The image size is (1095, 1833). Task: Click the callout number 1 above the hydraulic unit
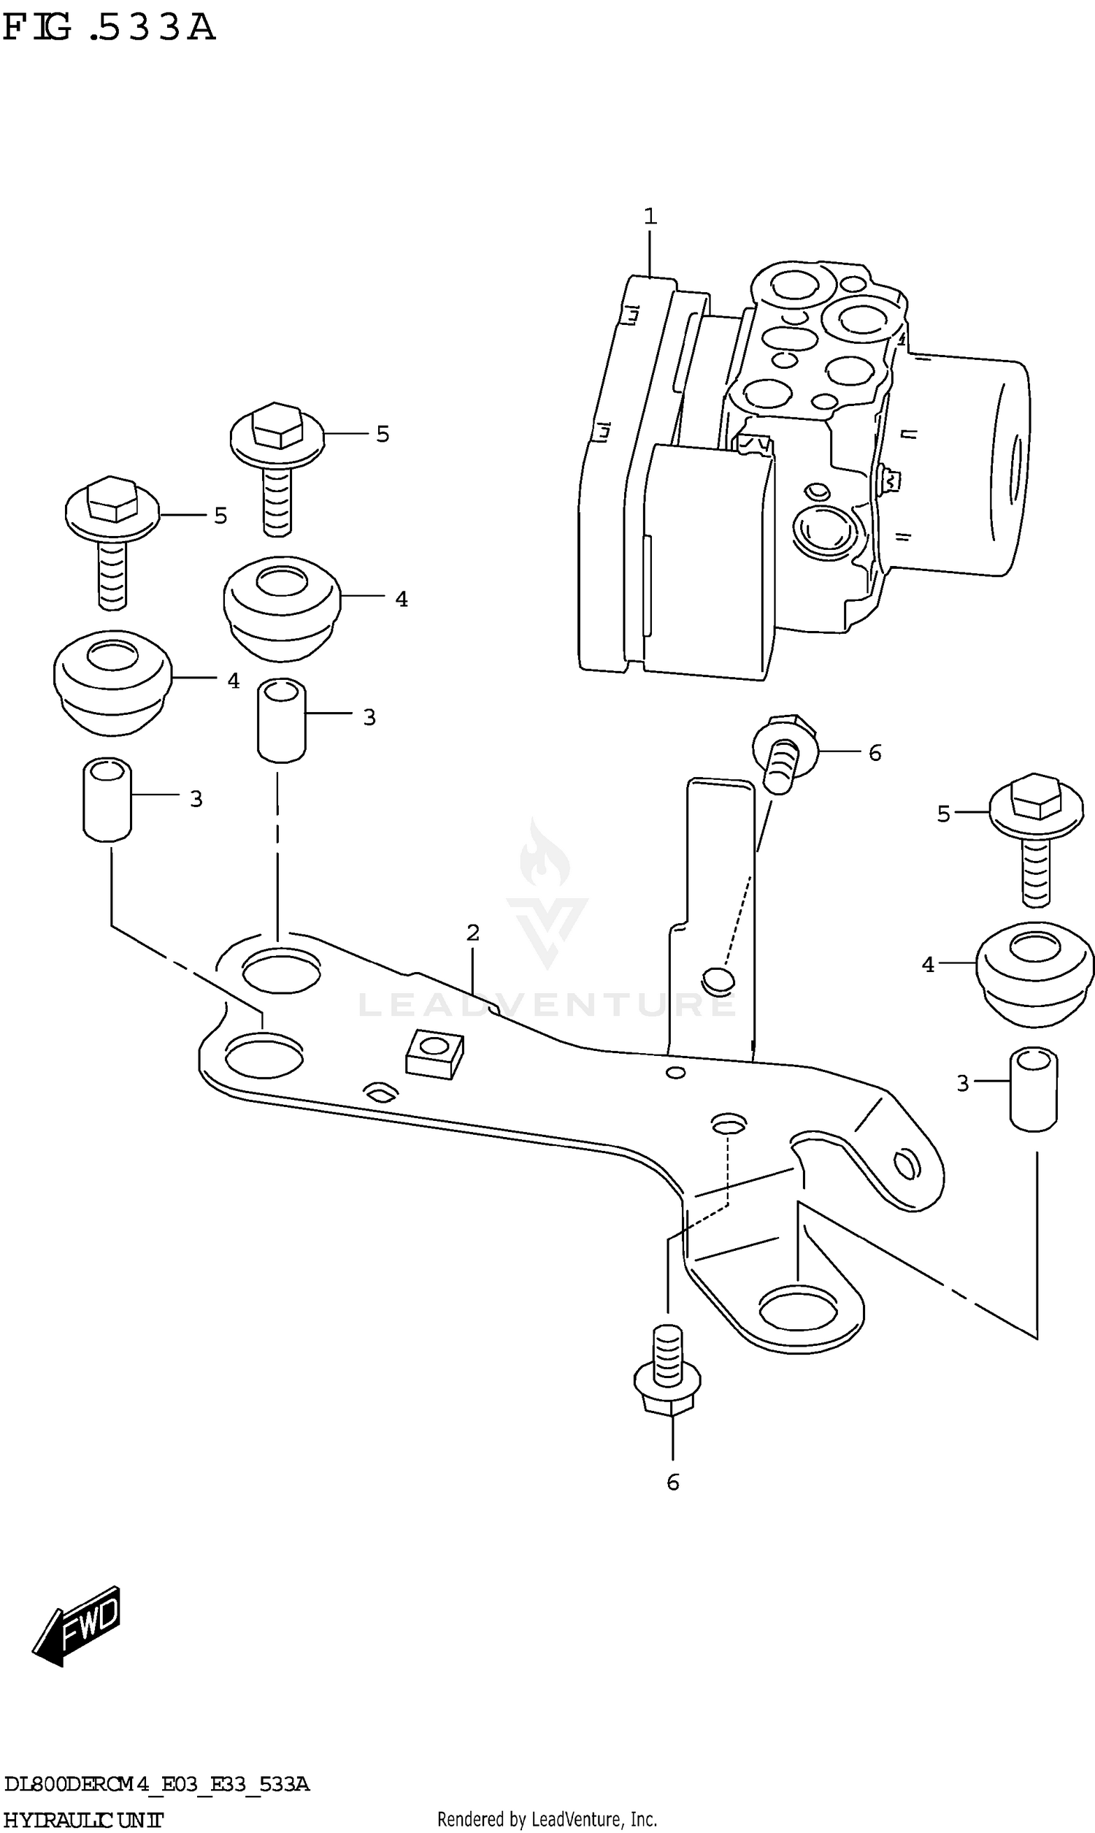pyautogui.click(x=649, y=216)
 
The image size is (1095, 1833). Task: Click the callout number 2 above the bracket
pyautogui.click(x=473, y=932)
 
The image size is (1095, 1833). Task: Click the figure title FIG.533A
pyautogui.click(x=109, y=27)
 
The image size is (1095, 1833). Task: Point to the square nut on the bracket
pyautogui.click(x=434, y=1053)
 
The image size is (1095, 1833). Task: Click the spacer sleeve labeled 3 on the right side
pyautogui.click(x=1034, y=1088)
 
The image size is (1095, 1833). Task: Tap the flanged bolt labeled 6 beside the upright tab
pyautogui.click(x=783, y=754)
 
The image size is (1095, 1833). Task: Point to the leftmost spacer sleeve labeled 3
pyautogui.click(x=107, y=798)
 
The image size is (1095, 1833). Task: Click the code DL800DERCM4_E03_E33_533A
pyautogui.click(x=156, y=1784)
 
